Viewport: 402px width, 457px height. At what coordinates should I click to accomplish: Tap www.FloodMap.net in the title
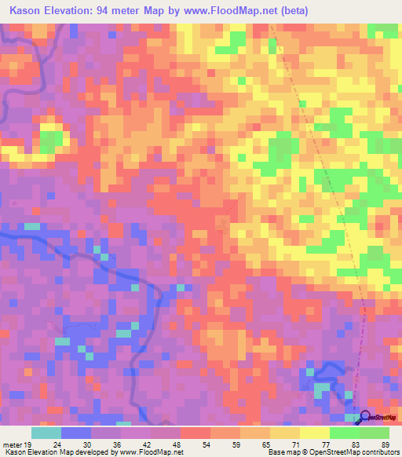tap(228, 11)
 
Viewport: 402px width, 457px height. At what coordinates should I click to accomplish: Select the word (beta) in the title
tap(293, 11)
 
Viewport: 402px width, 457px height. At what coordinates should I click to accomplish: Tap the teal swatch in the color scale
tap(46, 433)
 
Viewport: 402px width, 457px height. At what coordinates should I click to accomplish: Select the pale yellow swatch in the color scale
tap(315, 433)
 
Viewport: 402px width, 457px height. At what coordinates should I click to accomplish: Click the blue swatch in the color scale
tap(76, 433)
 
